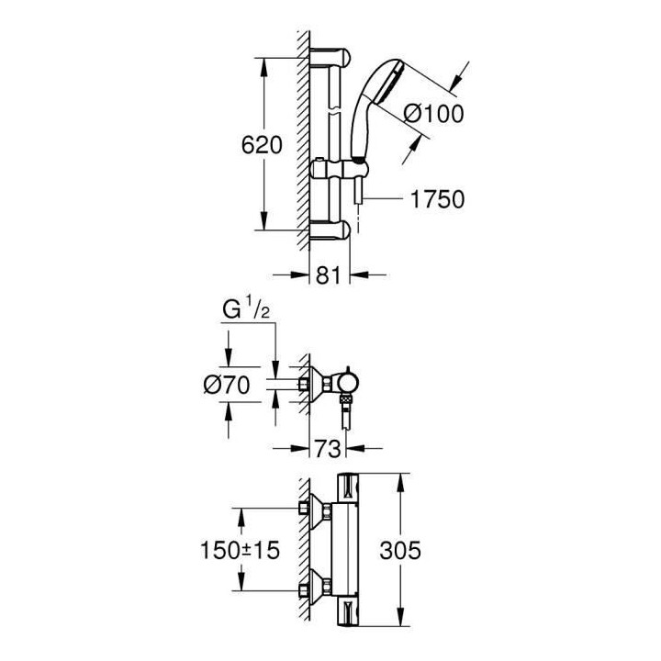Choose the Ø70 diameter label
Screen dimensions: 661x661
coord(226,387)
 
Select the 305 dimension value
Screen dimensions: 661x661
coord(401,550)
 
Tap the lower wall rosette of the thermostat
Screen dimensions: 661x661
coord(319,587)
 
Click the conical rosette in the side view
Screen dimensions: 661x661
coord(319,387)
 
